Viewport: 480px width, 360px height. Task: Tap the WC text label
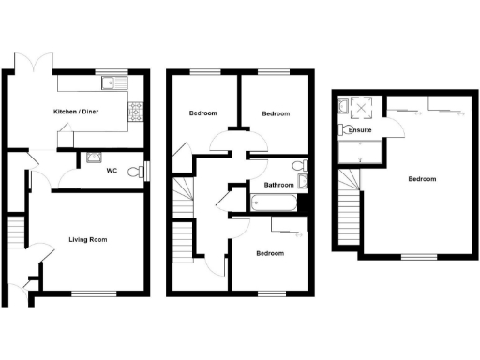112,171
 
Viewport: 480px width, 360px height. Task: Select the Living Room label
87,240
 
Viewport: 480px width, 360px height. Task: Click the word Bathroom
278,185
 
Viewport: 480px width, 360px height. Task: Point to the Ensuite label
360,130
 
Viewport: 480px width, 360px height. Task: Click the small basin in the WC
94,157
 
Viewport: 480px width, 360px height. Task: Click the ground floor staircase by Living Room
15,232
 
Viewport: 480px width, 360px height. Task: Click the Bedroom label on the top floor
422,179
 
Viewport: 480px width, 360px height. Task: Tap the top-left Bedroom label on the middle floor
203,113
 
